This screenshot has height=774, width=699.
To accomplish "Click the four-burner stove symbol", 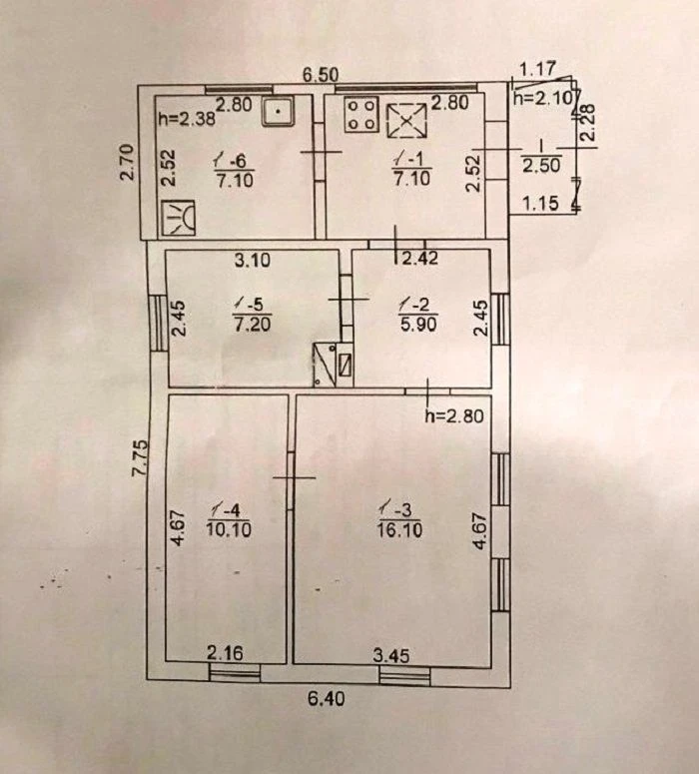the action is [x=361, y=115].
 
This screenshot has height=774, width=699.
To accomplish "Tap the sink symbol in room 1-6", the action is [x=278, y=112].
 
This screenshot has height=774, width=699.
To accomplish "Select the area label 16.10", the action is [x=399, y=529].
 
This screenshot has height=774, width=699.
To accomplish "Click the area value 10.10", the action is [x=229, y=529].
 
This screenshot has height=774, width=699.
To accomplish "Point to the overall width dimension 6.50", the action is [x=321, y=75].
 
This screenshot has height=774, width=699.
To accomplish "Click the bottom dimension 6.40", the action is [x=326, y=698].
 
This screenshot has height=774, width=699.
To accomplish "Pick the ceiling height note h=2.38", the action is [x=187, y=119].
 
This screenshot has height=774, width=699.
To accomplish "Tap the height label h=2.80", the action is [x=454, y=416].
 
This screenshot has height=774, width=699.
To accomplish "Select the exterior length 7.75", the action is [x=140, y=457].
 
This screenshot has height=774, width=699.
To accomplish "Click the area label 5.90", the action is [x=418, y=325].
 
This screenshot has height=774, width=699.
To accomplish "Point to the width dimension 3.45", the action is [x=391, y=655].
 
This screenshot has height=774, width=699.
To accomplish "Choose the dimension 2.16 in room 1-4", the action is [x=225, y=653].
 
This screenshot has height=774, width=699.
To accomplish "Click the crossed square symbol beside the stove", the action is [x=406, y=121].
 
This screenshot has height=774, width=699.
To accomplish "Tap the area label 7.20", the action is [x=253, y=324].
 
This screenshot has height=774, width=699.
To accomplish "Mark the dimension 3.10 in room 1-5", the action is [x=253, y=260].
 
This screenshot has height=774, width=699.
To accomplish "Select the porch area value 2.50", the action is [x=541, y=165].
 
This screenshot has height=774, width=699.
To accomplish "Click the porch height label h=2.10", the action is [x=545, y=98].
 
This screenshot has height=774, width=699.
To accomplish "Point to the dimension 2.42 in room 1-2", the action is [x=419, y=258].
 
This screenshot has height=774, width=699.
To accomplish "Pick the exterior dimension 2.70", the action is [x=128, y=162].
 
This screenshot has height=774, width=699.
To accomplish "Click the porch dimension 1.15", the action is [x=540, y=203].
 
